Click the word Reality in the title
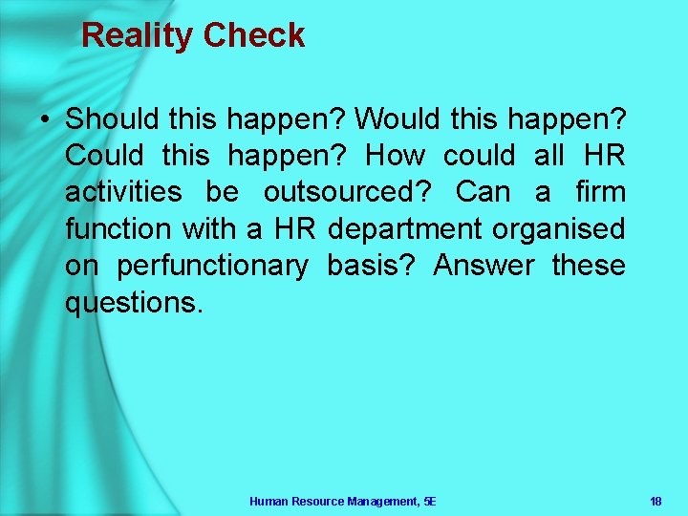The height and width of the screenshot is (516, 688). (137, 36)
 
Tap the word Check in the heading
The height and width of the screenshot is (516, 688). (253, 36)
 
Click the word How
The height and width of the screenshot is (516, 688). (396, 156)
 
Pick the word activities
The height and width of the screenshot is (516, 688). (123, 192)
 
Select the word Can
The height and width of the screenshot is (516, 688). (484, 192)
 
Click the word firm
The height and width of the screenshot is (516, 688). (600, 192)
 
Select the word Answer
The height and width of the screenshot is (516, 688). (484, 266)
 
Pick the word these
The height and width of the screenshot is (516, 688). (589, 266)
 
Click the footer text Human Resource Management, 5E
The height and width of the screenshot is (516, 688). (342, 501)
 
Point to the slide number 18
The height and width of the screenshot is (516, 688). (656, 501)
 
